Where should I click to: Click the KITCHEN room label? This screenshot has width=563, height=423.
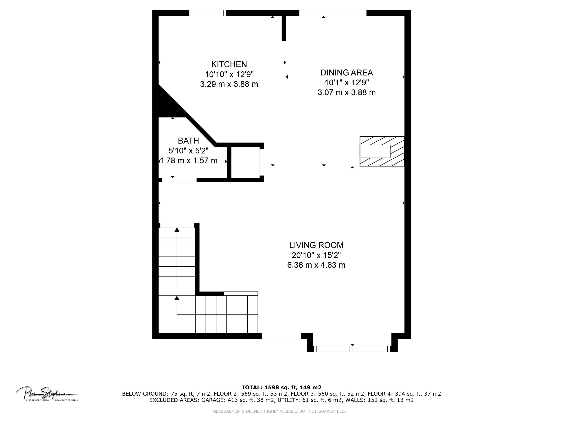[229, 64]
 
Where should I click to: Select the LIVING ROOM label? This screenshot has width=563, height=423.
[316, 245]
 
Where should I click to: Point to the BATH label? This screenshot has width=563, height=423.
[188, 141]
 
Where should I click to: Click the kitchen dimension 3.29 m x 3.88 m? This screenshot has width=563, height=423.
[229, 84]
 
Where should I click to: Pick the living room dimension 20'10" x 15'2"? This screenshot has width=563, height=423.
[316, 255]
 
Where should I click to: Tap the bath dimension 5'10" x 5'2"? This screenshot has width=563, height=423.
[188, 151]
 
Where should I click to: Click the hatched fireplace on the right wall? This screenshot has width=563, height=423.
[382, 151]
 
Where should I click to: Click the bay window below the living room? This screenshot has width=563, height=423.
[352, 349]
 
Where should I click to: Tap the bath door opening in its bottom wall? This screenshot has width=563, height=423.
[179, 180]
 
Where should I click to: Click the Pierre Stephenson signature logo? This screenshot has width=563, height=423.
[47, 393]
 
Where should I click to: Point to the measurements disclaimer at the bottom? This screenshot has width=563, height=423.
[279, 411]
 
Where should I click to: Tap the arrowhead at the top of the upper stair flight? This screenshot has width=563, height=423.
[177, 230]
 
